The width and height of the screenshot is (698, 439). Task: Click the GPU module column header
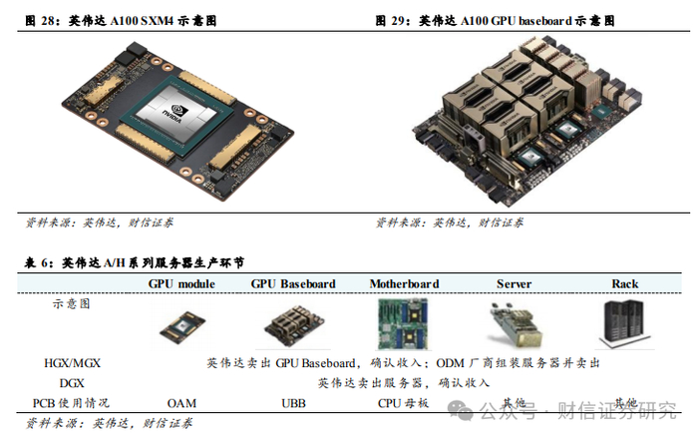(181, 284)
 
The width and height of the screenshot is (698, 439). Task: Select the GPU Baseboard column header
(293, 284)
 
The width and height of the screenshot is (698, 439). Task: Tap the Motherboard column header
(404, 284)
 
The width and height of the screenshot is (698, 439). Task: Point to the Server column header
(515, 284)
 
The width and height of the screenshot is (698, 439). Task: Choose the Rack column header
(625, 284)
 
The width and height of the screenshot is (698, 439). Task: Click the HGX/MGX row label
(72, 363)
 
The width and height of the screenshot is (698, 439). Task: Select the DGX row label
(72, 383)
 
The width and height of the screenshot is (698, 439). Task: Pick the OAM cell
(181, 403)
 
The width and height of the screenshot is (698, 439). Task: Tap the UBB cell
(293, 403)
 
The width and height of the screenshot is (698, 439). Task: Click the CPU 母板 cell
(403, 403)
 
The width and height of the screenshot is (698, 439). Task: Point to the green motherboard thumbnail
(403, 324)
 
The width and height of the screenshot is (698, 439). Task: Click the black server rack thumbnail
(624, 324)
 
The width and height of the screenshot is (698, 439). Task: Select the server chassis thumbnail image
(516, 325)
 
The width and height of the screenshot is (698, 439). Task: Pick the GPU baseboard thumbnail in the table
(294, 326)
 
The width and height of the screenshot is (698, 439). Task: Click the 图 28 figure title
(121, 21)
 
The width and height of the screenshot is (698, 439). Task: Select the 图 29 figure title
(495, 21)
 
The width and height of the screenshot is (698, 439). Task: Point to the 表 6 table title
(135, 262)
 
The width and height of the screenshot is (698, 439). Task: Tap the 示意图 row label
(72, 304)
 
